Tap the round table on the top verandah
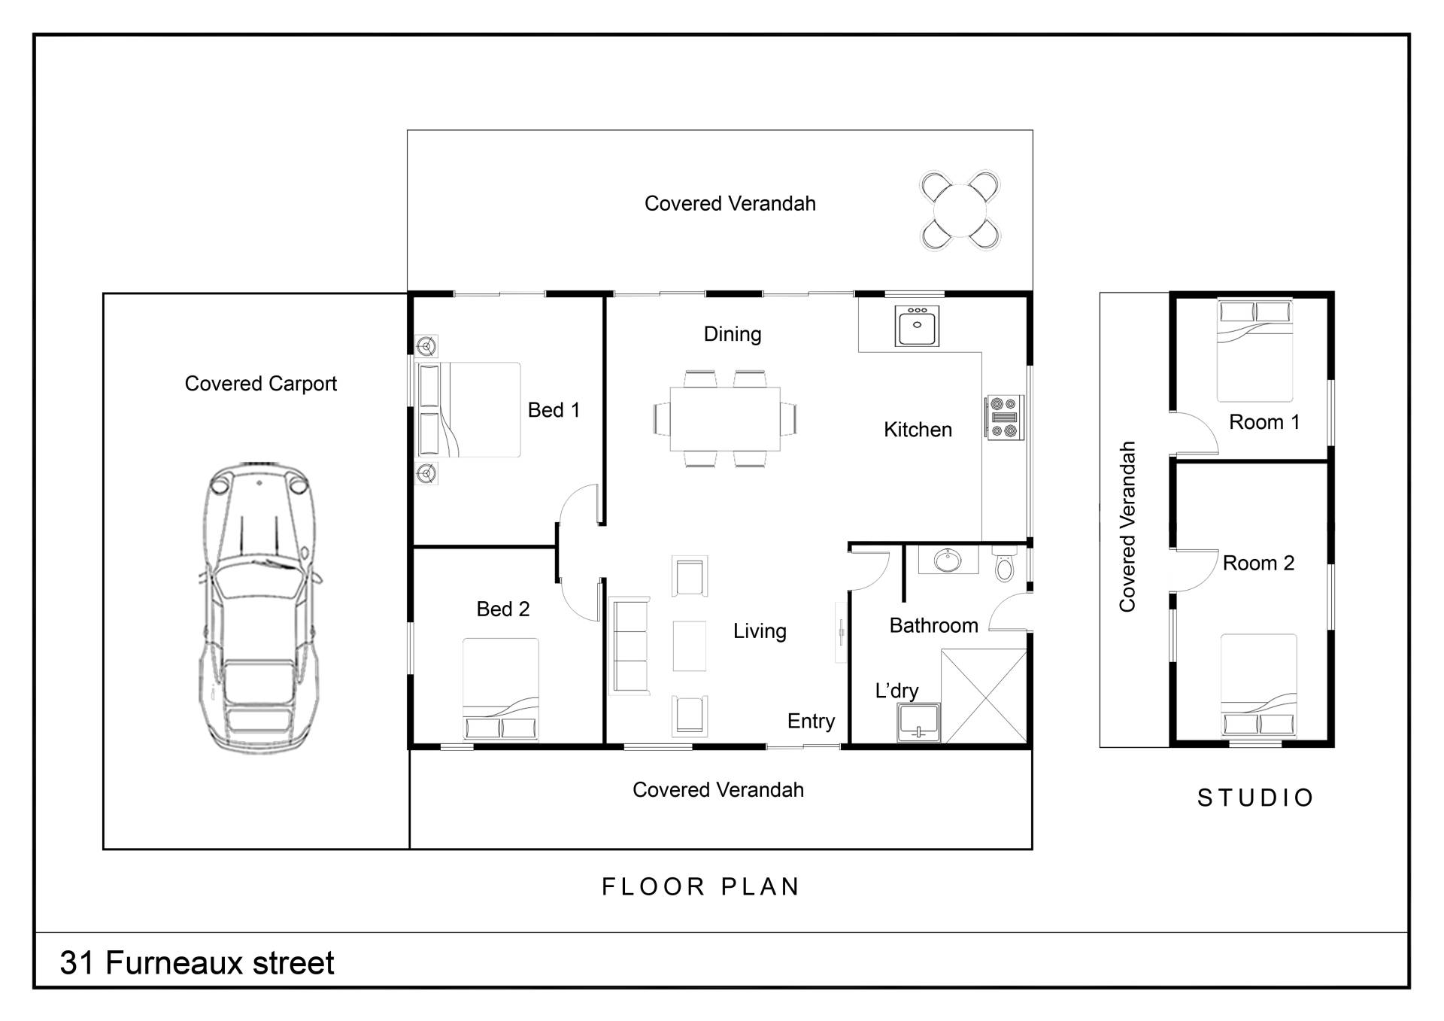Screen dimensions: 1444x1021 point(961,211)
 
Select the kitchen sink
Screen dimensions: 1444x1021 point(917,325)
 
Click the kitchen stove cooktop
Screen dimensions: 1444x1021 point(1006,418)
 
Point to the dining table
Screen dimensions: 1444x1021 point(725,418)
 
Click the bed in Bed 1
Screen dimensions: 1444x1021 point(468,410)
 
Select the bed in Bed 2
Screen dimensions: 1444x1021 point(501,689)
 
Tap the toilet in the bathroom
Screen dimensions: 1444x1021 point(1005,564)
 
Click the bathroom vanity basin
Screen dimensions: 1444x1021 point(948,561)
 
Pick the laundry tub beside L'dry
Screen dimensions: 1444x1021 point(918,722)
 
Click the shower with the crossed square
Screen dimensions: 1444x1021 point(984,696)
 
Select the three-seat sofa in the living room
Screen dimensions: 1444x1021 point(629,646)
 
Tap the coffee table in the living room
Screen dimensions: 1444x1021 point(689,646)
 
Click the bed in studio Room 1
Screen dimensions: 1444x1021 point(1254,351)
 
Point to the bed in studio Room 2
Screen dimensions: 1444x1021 point(1258,685)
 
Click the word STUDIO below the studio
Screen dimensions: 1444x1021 point(1255,798)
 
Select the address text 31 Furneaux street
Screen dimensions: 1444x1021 point(197,963)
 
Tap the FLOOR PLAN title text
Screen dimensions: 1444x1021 point(701,887)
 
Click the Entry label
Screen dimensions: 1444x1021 point(811,722)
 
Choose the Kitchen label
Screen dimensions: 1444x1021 point(918,430)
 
